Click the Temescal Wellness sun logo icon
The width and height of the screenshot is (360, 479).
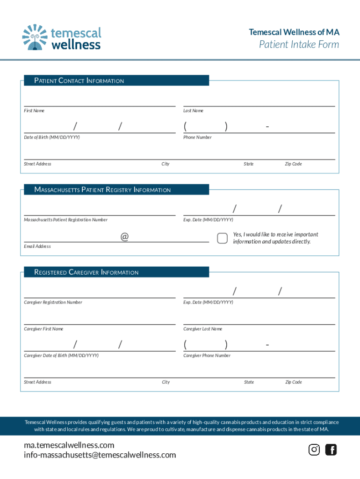(x=35, y=37)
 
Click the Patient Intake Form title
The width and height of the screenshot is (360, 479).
(x=299, y=45)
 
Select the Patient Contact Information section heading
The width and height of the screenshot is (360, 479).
(x=79, y=81)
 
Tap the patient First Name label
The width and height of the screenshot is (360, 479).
(x=34, y=111)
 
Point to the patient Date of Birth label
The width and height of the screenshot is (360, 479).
(x=52, y=138)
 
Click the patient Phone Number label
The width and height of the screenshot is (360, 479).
(x=197, y=138)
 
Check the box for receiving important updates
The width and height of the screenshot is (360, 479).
(x=223, y=238)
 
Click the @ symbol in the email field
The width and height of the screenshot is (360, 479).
(x=124, y=237)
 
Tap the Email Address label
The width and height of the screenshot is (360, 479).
(x=37, y=247)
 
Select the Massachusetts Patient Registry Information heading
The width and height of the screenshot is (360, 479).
(x=102, y=190)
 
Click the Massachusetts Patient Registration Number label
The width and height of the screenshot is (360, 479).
(x=66, y=220)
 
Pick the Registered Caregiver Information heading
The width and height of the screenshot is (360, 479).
(x=86, y=272)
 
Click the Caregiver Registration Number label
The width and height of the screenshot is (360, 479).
(x=53, y=303)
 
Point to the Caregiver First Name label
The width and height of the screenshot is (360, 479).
(x=43, y=329)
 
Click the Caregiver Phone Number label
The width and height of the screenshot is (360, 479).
(x=207, y=356)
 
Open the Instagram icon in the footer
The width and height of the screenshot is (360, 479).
(x=314, y=450)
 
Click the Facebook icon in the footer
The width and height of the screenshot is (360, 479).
(x=331, y=450)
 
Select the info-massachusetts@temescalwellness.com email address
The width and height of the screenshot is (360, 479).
(x=100, y=455)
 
